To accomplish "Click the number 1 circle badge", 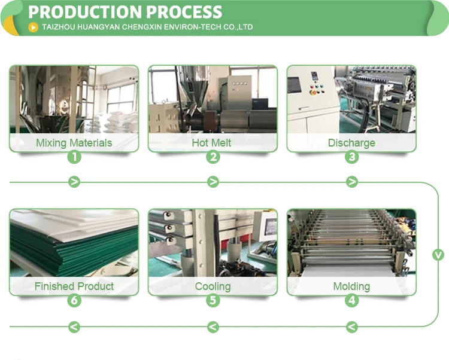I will [x=74, y=157].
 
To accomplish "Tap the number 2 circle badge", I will [x=213, y=157].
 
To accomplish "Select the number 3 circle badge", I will [x=352, y=157].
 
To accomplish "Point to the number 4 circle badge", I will [x=352, y=301].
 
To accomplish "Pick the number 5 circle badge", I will [x=213, y=301].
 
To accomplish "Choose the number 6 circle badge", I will [x=74, y=301].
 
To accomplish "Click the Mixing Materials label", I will [x=74, y=143].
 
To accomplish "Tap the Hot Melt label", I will [x=211, y=143].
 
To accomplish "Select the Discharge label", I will [x=351, y=143].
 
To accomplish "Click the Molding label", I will [x=351, y=286].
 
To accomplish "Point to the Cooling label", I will [x=213, y=286].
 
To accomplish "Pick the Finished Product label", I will [x=74, y=286].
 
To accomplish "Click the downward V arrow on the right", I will [x=438, y=255].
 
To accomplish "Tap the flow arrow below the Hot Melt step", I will [x=213, y=182].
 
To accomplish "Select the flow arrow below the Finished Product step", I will [x=74, y=327].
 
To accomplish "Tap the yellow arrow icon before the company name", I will [x=34, y=27].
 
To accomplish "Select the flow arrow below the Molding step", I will [x=352, y=327].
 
